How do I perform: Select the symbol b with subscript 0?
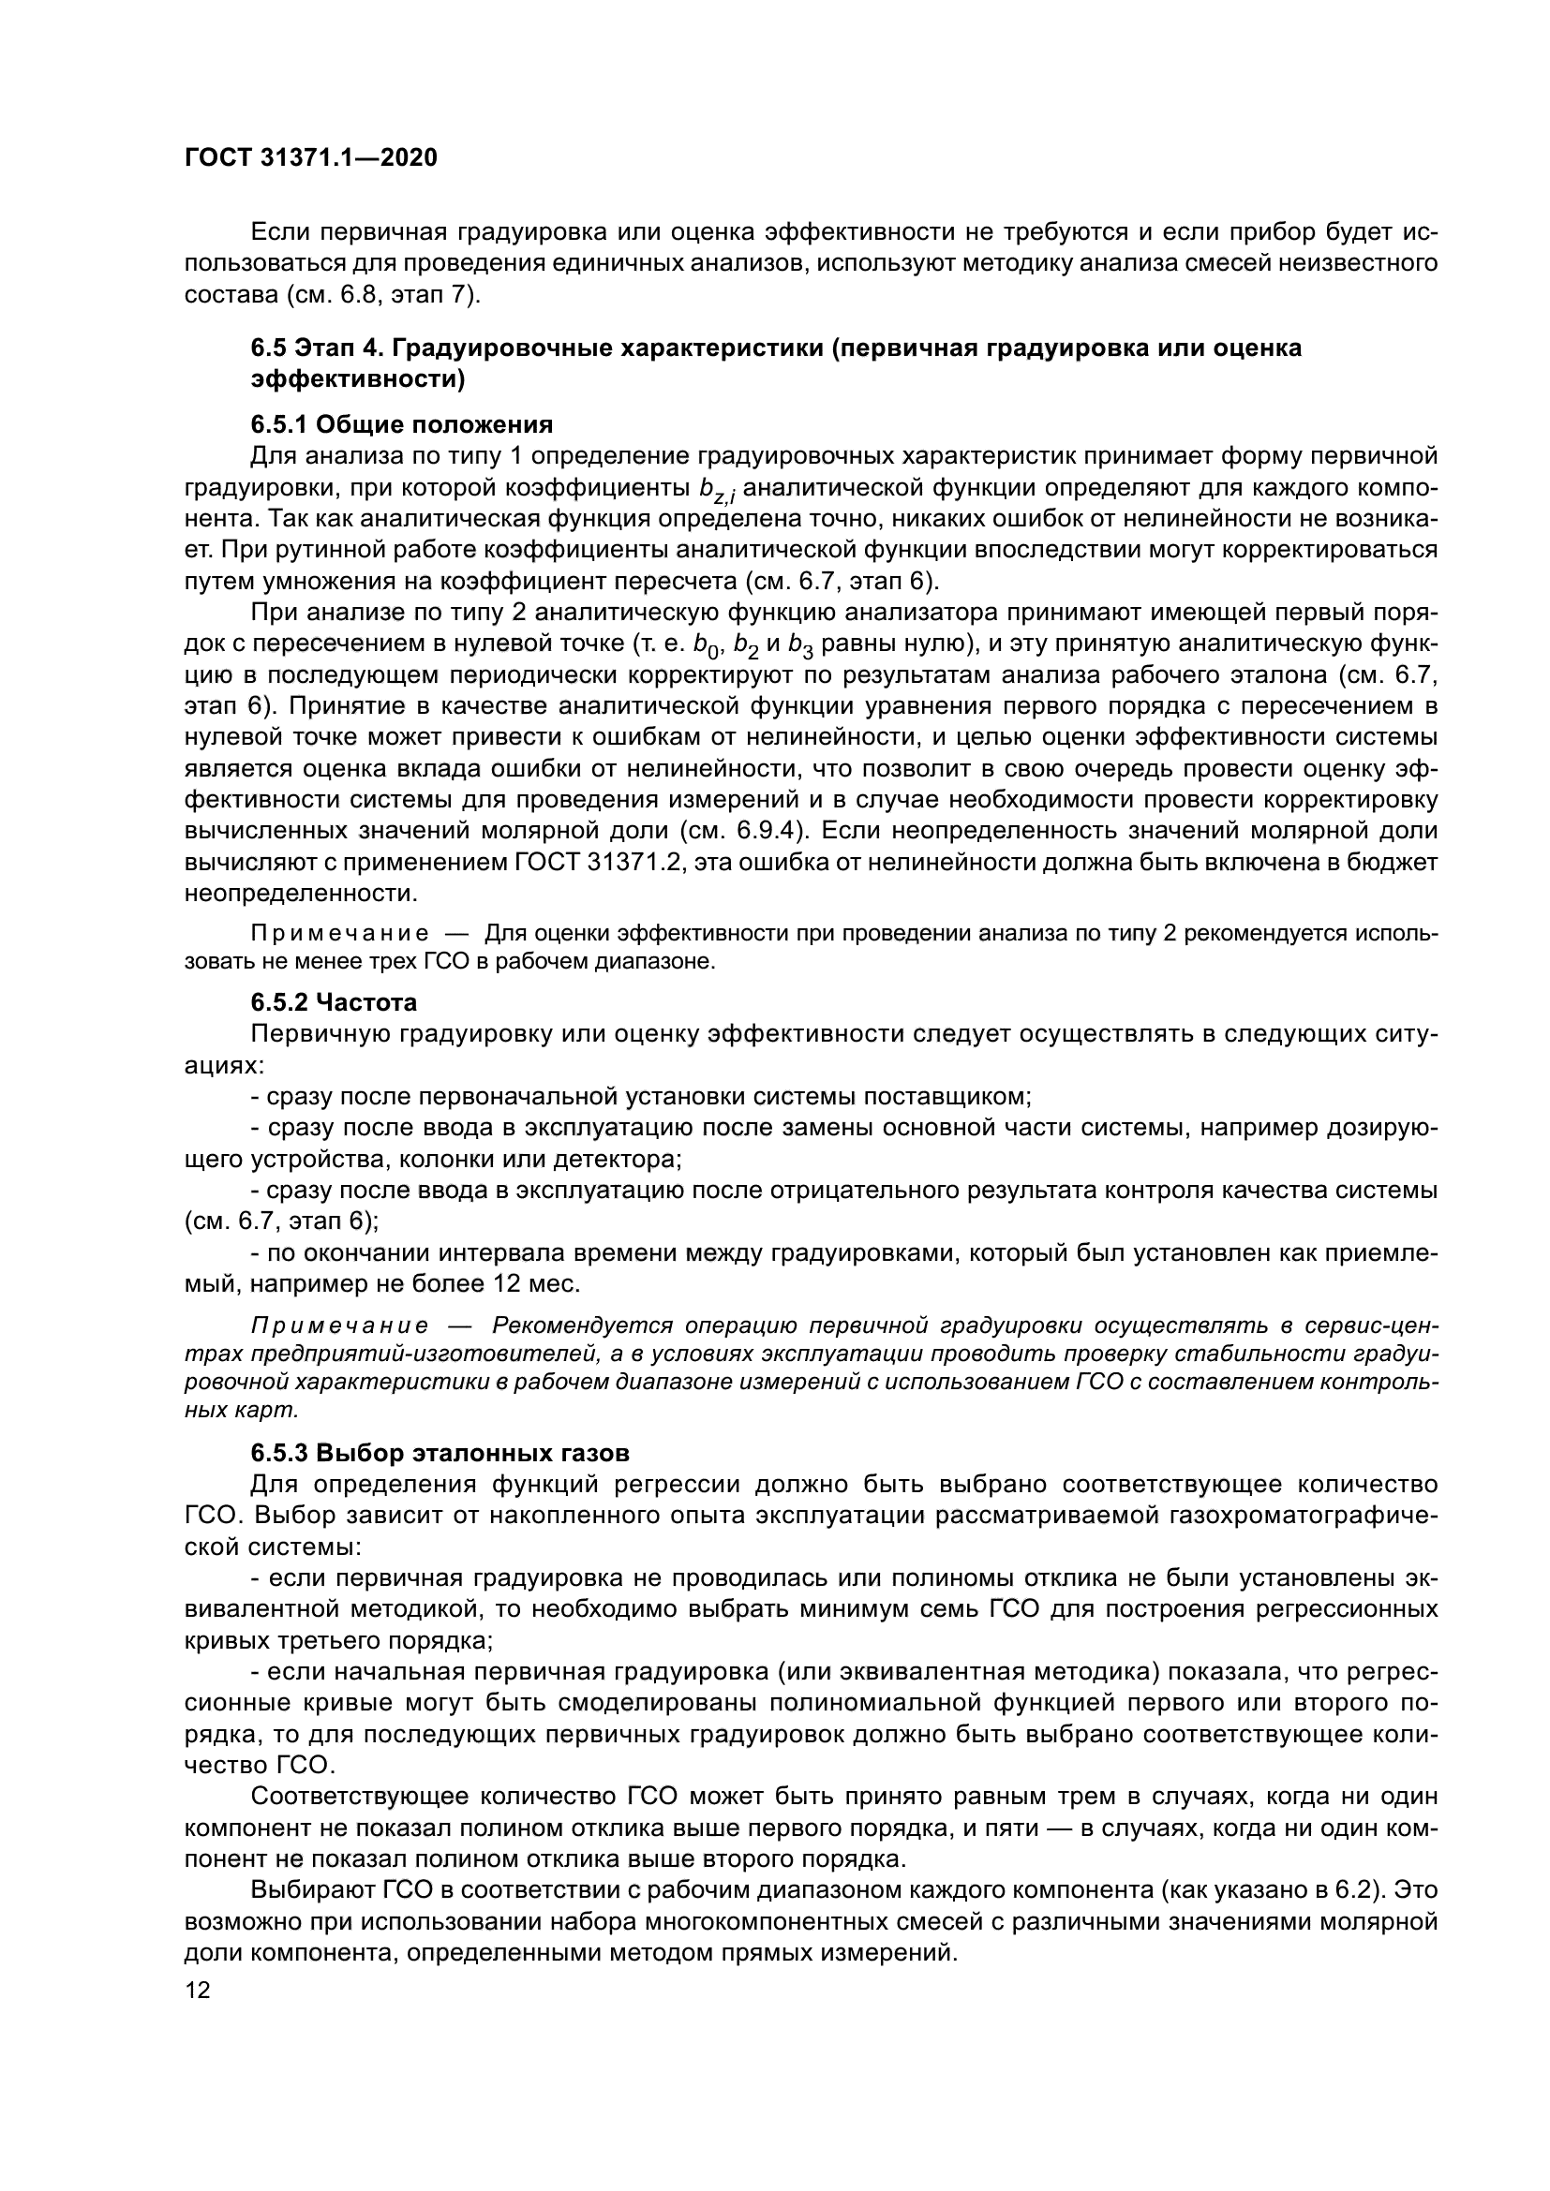click(x=706, y=646)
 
